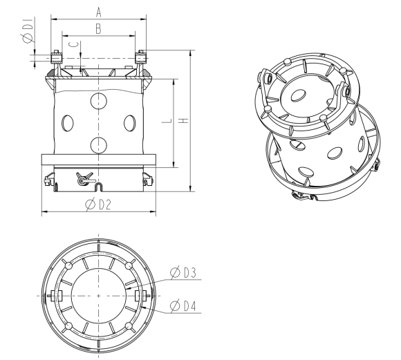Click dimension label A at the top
[99, 12]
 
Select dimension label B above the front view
[98, 29]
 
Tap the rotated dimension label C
[74, 44]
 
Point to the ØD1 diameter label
[28, 30]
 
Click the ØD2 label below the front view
[98, 205]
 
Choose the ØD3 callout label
[183, 272]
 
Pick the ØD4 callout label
[183, 306]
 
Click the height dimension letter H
[184, 120]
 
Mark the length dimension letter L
[167, 120]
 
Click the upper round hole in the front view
[99, 101]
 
